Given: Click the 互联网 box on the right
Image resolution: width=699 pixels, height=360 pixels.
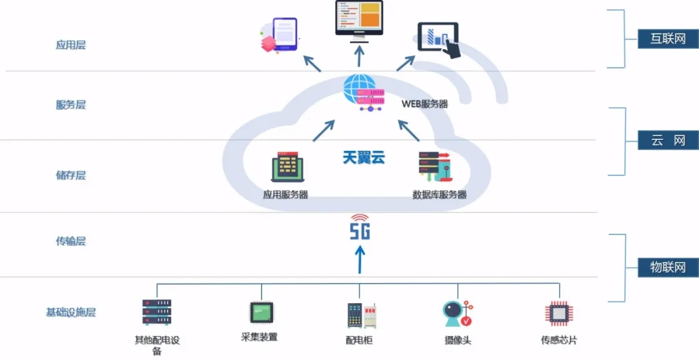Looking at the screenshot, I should [668, 39].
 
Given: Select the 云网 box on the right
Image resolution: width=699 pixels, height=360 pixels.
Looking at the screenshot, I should [668, 141].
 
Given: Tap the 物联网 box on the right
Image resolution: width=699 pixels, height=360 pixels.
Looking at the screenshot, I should [668, 267].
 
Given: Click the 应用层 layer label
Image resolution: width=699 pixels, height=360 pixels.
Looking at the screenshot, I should [71, 45].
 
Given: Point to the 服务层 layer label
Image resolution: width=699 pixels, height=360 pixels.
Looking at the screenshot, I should [71, 105].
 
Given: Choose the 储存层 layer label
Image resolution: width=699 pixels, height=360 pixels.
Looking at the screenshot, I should [71, 175].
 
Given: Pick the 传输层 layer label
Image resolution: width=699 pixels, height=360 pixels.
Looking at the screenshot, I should [71, 242].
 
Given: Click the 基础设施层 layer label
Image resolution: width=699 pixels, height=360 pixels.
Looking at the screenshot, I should [71, 313].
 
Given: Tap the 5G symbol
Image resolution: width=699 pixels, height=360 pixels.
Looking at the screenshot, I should [360, 228].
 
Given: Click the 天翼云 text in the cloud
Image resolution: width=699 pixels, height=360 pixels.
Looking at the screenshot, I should [363, 157].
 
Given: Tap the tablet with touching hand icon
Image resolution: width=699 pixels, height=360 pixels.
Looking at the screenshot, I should [439, 40].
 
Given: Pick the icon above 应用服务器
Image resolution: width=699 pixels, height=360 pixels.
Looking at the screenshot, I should [287, 167].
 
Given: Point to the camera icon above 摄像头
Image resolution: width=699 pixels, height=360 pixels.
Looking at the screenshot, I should [456, 315].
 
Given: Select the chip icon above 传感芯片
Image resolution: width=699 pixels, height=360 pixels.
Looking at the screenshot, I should [558, 313].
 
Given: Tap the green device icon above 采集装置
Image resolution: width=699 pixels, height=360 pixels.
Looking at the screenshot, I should [261, 313].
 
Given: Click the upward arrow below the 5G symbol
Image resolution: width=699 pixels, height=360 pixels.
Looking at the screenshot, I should [361, 259].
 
